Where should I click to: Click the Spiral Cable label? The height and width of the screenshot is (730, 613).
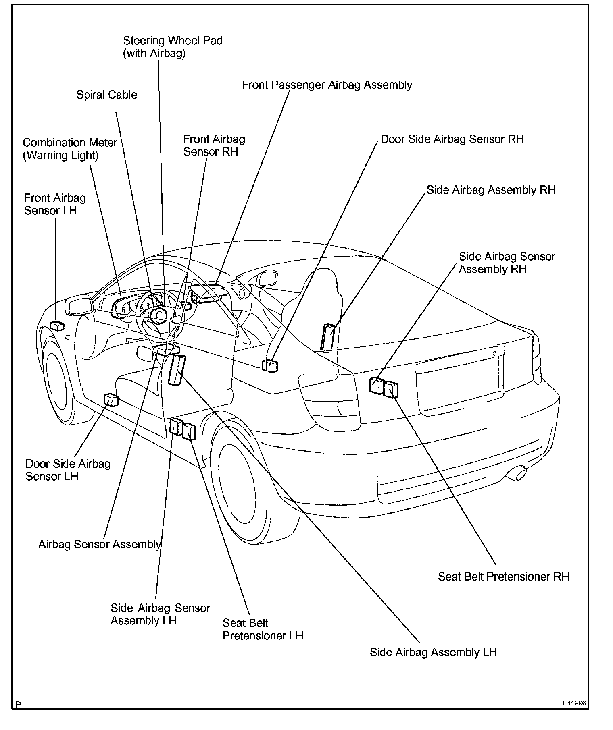pyautogui.click(x=106, y=95)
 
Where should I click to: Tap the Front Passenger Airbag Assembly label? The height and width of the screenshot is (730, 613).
pyautogui.click(x=327, y=85)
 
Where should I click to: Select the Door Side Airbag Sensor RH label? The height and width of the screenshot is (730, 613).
pyautogui.click(x=452, y=139)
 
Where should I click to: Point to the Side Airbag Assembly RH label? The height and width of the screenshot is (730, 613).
pyautogui.click(x=491, y=190)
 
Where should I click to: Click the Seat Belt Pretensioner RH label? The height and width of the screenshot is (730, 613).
pyautogui.click(x=504, y=577)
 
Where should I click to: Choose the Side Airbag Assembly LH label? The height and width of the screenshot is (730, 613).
pyautogui.click(x=433, y=652)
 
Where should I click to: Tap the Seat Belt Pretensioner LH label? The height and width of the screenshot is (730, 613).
pyautogui.click(x=263, y=629)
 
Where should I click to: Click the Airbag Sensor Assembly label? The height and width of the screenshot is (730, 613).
pyautogui.click(x=100, y=545)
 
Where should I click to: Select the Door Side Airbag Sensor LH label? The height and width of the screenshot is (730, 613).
pyautogui.click(x=68, y=470)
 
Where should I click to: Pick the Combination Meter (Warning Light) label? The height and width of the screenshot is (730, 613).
pyautogui.click(x=70, y=149)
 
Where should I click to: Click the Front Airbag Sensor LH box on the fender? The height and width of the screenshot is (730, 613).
pyautogui.click(x=57, y=326)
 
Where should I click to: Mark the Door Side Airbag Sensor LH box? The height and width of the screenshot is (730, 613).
pyautogui.click(x=111, y=400)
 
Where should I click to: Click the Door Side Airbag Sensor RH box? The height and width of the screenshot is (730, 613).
pyautogui.click(x=270, y=365)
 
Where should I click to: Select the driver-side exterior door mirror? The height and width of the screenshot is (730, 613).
pyautogui.click(x=80, y=305)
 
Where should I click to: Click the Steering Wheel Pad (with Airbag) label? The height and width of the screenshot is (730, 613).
pyautogui.click(x=173, y=47)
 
